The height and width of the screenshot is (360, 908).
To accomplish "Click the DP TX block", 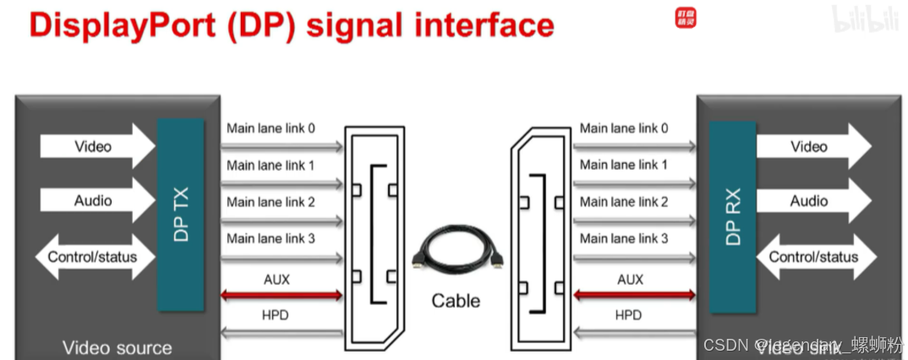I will click(180, 214).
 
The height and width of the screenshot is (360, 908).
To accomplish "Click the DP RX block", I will click(732, 215).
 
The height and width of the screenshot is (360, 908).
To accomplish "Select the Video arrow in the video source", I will click(96, 146).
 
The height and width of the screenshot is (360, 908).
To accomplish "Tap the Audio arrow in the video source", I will click(96, 200).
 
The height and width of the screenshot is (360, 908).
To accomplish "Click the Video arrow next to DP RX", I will click(812, 146).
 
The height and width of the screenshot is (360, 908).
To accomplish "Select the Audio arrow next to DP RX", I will click(812, 200).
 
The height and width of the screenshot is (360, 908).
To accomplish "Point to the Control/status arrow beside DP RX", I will click(812, 256).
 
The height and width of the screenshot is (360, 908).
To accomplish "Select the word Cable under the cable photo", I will click(456, 300).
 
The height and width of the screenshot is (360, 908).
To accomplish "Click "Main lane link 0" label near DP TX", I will click(271, 128).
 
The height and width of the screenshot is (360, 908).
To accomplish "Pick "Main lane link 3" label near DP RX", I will click(624, 238).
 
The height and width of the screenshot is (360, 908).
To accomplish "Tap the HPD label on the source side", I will click(275, 315).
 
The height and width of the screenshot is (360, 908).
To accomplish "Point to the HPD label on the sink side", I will click(628, 315).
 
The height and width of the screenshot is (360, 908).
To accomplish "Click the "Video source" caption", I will click(117, 347).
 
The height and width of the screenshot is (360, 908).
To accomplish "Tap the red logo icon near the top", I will click(686, 18).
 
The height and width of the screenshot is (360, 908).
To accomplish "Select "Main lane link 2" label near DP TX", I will click(271, 202).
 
